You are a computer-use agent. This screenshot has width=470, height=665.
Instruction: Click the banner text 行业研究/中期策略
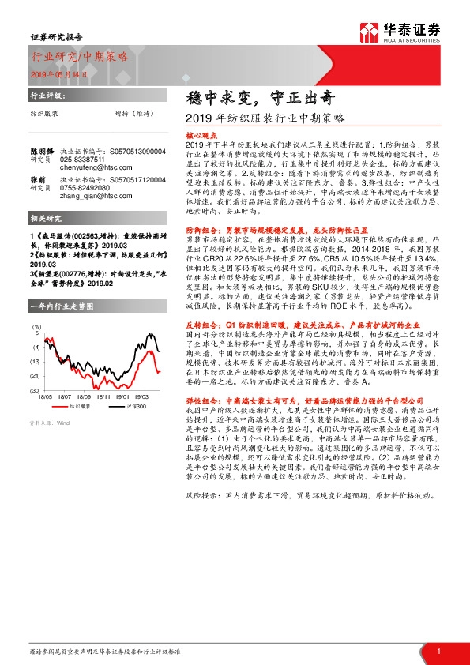[79, 56]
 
